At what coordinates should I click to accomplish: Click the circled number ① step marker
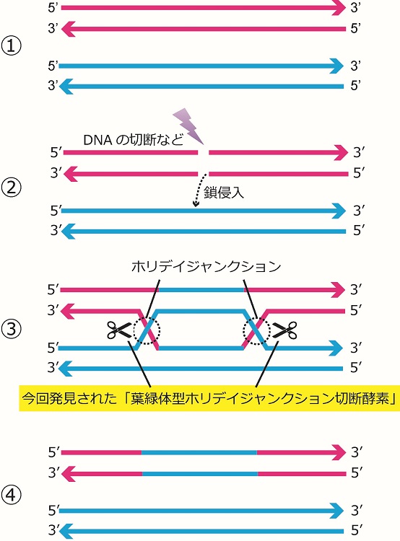click(12, 47)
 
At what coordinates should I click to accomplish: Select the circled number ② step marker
click(12, 188)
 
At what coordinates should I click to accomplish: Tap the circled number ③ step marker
click(12, 329)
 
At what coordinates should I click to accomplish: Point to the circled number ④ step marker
click(12, 496)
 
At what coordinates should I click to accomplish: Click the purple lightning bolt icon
click(188, 126)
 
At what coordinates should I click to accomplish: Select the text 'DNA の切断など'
click(134, 140)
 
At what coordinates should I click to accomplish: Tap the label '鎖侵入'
click(224, 193)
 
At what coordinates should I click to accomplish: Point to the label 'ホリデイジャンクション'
click(206, 267)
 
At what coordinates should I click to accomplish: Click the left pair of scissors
click(119, 330)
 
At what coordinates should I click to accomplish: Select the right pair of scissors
click(284, 330)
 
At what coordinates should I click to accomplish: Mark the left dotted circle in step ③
click(147, 330)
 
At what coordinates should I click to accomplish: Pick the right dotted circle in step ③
click(256, 330)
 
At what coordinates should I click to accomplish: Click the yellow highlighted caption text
click(209, 399)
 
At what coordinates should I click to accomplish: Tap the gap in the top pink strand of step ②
click(204, 152)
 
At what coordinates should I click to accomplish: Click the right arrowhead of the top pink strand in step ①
click(339, 8)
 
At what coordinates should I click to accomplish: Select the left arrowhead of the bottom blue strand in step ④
click(66, 531)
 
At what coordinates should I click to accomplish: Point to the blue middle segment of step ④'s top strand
click(199, 452)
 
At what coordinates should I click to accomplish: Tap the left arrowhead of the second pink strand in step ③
click(69, 311)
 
